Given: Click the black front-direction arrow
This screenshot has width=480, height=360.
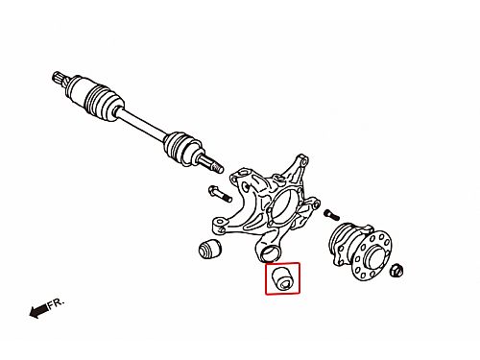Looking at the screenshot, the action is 39,311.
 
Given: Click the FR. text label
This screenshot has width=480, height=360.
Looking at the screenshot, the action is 57,303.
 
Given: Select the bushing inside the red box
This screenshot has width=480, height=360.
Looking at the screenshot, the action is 282,278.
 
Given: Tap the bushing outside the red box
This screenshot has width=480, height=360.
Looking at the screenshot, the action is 209,248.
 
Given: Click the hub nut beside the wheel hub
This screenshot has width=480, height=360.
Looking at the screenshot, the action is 396,271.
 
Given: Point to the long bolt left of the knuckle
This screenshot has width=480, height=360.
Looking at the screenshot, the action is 220,194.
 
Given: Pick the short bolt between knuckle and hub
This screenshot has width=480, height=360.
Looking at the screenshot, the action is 331,214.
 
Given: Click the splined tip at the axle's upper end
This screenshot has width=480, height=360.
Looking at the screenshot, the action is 59,78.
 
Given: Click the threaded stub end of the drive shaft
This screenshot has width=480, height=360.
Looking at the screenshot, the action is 213,164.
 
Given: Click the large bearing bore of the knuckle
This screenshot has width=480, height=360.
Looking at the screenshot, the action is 281,207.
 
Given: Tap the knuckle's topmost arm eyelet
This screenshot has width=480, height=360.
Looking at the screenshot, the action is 301,159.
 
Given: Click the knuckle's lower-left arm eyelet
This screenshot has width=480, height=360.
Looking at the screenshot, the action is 220,224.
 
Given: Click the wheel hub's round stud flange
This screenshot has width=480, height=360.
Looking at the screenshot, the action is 372,256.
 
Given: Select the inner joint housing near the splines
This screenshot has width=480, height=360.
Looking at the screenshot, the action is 75,90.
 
